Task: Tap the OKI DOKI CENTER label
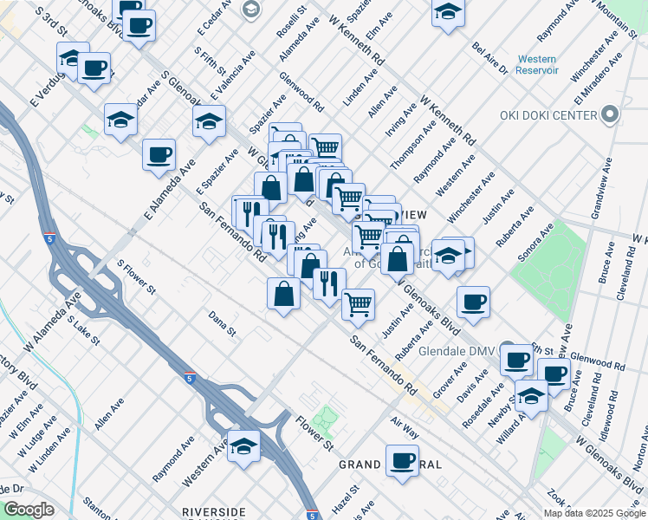[x=548, y=115]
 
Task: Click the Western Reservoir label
[x=537, y=64]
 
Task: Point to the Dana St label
[x=222, y=325]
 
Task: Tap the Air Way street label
[x=405, y=427]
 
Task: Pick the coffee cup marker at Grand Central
[x=402, y=459]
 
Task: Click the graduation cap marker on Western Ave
[x=244, y=445]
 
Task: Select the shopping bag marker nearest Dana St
[x=284, y=294]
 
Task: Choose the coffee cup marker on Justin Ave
[x=474, y=302]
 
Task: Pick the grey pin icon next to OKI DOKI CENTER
[x=610, y=114]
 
